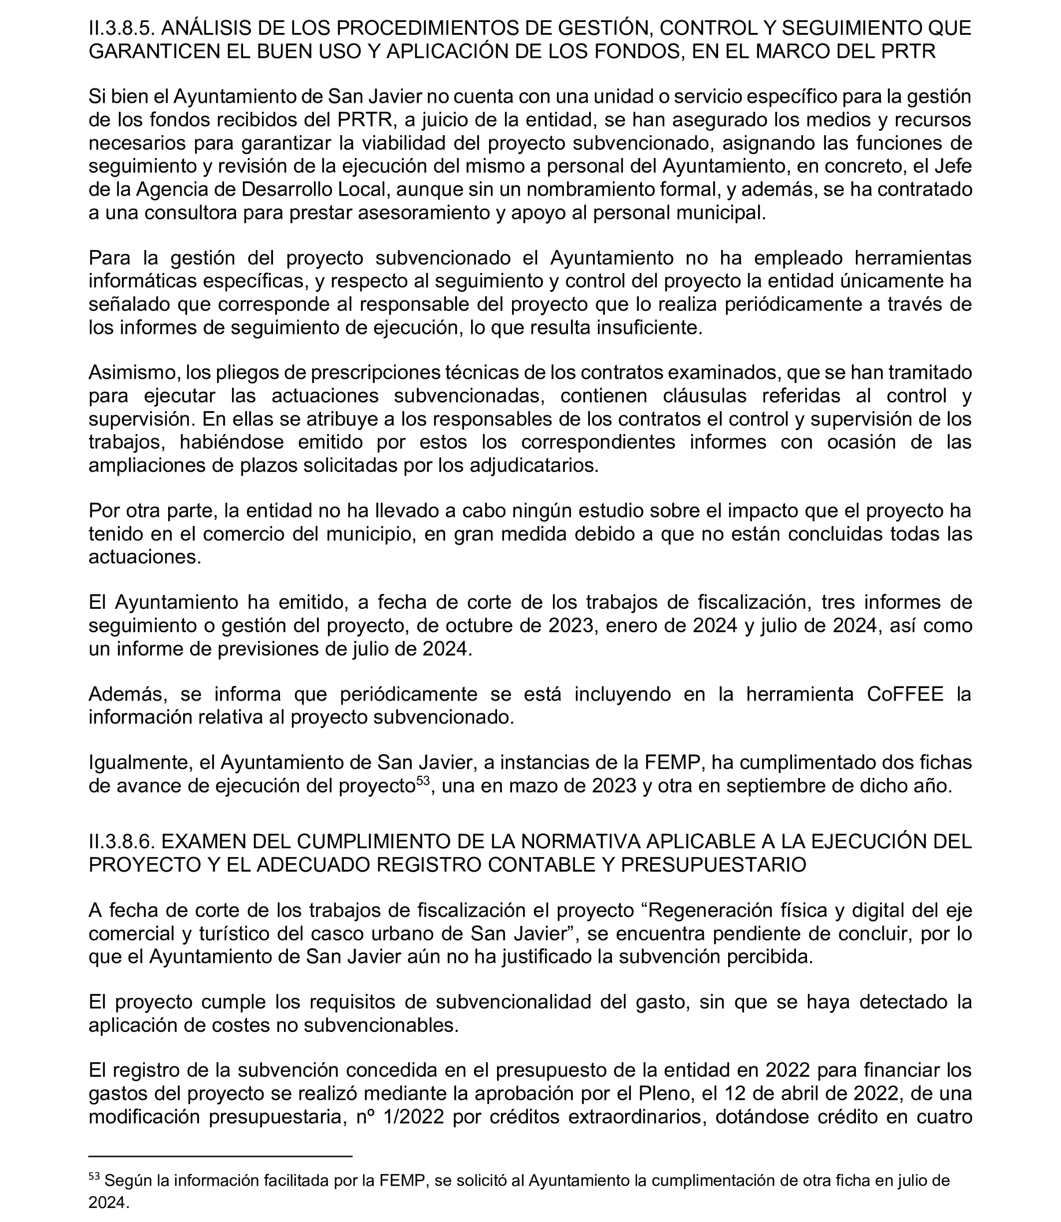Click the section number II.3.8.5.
point(121,28)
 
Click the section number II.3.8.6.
point(121,841)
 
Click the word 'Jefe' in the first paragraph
point(952,166)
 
